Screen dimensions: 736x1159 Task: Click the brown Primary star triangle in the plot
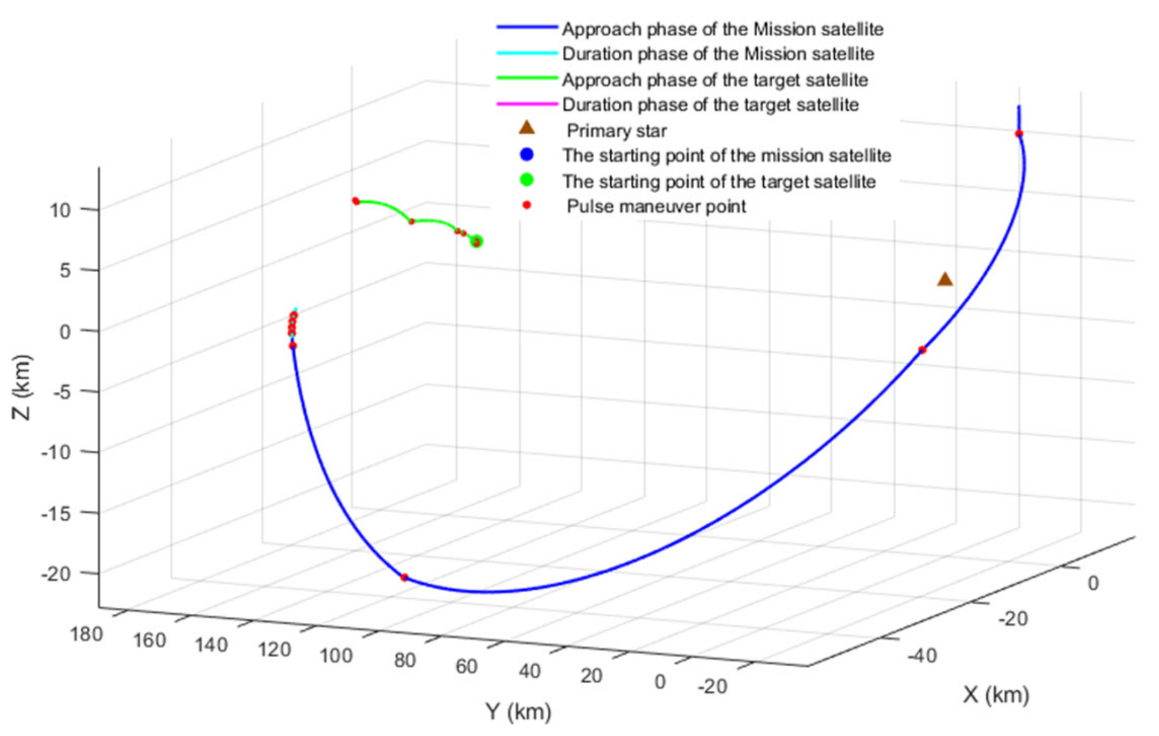945,280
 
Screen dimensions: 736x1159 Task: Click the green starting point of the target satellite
477,242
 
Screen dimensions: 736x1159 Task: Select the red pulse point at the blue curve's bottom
404,577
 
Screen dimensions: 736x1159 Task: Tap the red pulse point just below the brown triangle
923,350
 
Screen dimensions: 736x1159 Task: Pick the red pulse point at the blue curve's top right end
1019,133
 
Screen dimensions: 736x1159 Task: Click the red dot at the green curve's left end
355,201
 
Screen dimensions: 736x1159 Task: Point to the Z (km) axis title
22,387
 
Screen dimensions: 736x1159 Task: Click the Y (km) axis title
519,711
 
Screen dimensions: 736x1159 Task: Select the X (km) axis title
996,695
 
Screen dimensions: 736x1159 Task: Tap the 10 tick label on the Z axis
60,210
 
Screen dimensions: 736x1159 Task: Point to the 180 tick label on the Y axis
86,634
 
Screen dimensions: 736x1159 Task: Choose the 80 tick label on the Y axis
404,660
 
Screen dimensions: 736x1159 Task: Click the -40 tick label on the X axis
922,656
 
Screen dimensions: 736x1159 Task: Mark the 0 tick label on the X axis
1093,583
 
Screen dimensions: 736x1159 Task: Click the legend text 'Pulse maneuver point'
656,206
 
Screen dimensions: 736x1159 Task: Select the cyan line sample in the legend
527,53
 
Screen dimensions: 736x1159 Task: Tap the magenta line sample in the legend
527,104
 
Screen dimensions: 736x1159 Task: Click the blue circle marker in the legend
527,155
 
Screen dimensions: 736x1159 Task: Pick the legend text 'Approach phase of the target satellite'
715,80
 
